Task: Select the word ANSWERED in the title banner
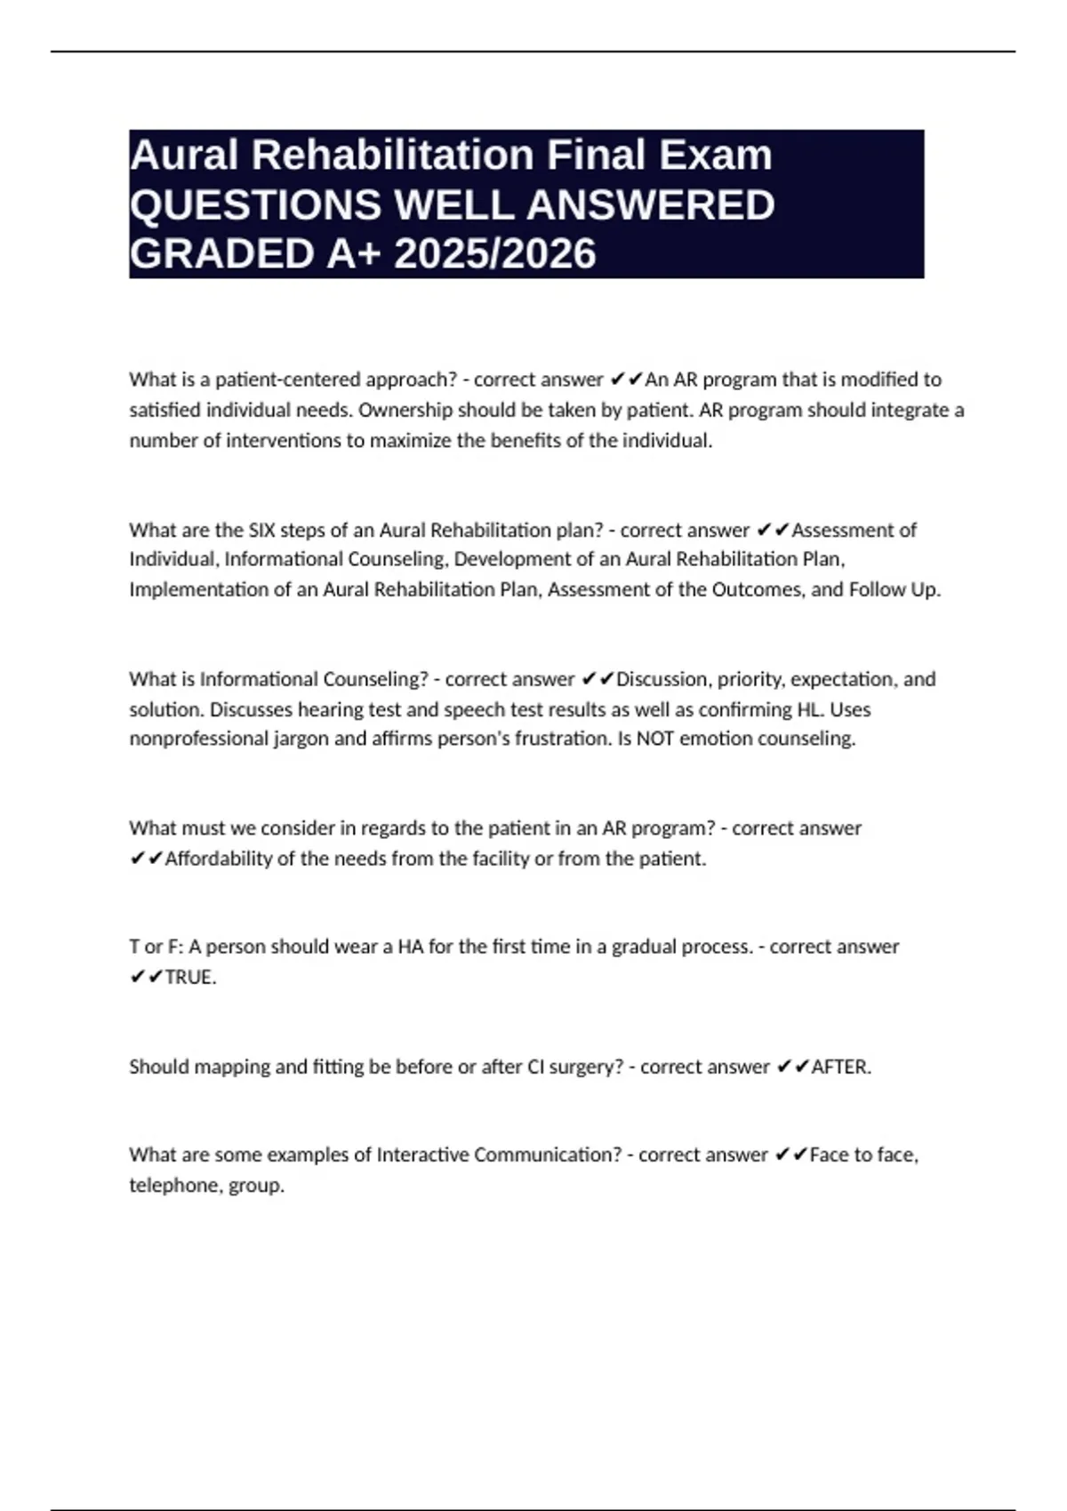(x=650, y=205)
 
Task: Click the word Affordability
(x=218, y=859)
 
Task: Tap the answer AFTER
(x=839, y=1067)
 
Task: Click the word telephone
(x=174, y=1186)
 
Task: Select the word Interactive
(x=422, y=1155)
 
